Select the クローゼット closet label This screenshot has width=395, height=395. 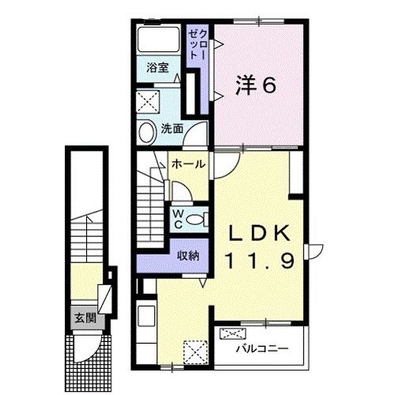196,47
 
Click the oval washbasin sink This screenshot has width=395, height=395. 147,132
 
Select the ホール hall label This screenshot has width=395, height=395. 189,164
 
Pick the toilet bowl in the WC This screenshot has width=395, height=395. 198,216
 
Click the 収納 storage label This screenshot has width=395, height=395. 186,254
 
